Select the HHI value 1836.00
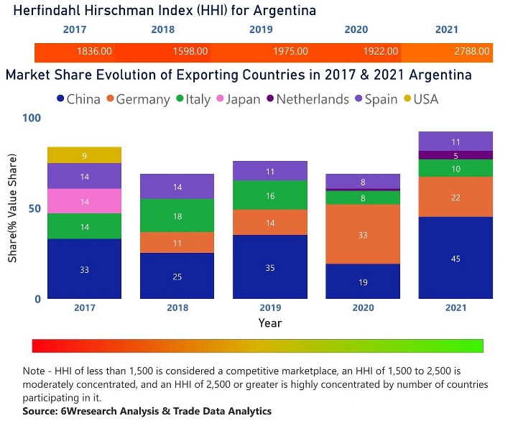click(94, 52)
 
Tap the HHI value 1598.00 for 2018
click(190, 52)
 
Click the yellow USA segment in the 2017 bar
click(84, 155)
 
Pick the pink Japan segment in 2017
click(84, 201)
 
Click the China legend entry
click(78, 99)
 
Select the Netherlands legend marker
click(270, 99)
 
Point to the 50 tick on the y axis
click(32, 208)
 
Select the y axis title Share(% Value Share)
click(12, 208)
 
